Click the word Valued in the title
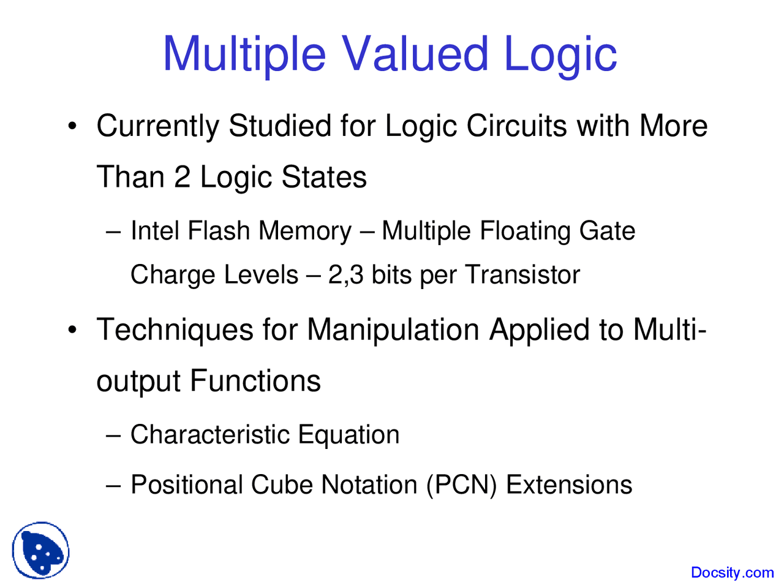415,53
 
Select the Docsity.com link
732,573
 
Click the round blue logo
40,551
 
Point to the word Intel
156,231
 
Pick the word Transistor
522,274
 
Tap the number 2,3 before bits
346,274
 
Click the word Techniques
175,330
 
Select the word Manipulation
393,330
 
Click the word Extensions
569,485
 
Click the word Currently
157,127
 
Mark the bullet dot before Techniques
73,331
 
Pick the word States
324,177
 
